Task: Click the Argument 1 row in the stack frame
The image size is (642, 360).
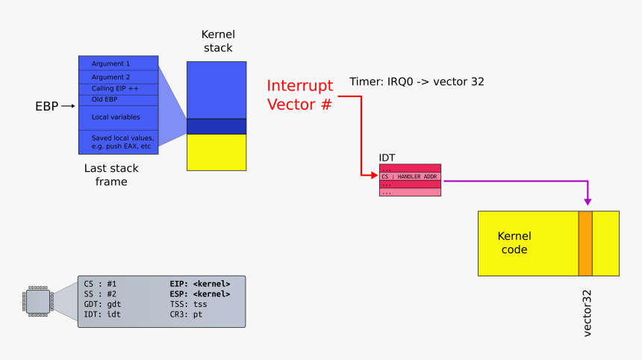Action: pos(118,63)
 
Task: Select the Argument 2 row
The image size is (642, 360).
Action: pos(118,77)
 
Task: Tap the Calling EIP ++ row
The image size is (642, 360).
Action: pos(118,89)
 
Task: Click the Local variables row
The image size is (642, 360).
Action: pos(118,117)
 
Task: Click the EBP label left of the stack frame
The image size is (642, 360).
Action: pos(46,106)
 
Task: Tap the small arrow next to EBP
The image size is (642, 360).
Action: pos(68,106)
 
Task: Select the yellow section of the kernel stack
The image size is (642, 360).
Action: pos(216,152)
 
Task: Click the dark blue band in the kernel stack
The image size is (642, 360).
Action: pos(216,126)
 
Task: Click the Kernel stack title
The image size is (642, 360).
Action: pos(217,41)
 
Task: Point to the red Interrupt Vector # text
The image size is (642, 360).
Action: pos(299,95)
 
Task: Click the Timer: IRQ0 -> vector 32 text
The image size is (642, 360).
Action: pos(417,81)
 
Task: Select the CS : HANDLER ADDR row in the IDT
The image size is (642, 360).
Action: pos(410,176)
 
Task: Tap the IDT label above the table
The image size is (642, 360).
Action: pos(387,158)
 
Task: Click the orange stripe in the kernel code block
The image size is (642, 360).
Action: pos(585,243)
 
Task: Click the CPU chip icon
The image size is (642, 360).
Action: pos(37,301)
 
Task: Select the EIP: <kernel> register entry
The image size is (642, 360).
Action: pos(200,284)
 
